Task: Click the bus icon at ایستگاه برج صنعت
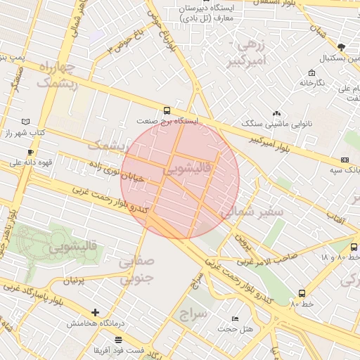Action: point(167,110)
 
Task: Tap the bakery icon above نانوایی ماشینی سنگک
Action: point(276,112)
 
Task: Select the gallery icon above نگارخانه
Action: point(311,72)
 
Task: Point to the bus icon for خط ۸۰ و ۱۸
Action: point(353,247)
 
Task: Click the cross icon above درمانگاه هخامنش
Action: point(95,312)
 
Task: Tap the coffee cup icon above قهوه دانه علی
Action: point(30,152)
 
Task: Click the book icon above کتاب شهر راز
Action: point(26,122)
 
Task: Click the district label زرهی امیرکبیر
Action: point(251,53)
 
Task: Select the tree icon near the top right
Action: point(342,47)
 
